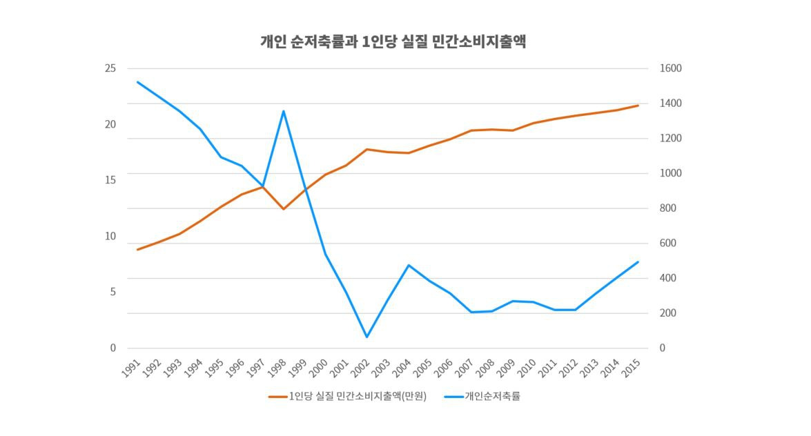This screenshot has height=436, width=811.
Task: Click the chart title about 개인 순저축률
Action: pyautogui.click(x=393, y=41)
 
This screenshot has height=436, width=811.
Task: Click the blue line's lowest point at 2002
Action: pyautogui.click(x=367, y=337)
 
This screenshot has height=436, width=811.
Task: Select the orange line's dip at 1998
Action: pyautogui.click(x=283, y=209)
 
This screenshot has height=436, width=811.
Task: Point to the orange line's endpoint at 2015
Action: pyautogui.click(x=638, y=106)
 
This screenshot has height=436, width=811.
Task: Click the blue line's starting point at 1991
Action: pyautogui.click(x=137, y=82)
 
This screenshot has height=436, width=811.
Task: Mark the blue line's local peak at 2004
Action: pyautogui.click(x=409, y=265)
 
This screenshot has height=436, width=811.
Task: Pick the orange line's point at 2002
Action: pyautogui.click(x=367, y=149)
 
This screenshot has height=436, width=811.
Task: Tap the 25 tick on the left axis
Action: pyautogui.click(x=110, y=68)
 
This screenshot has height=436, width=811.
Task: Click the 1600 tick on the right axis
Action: pyautogui.click(x=670, y=68)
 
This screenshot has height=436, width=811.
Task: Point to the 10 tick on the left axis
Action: pyautogui.click(x=110, y=236)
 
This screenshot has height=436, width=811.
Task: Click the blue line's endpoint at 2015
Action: pyautogui.click(x=638, y=262)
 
